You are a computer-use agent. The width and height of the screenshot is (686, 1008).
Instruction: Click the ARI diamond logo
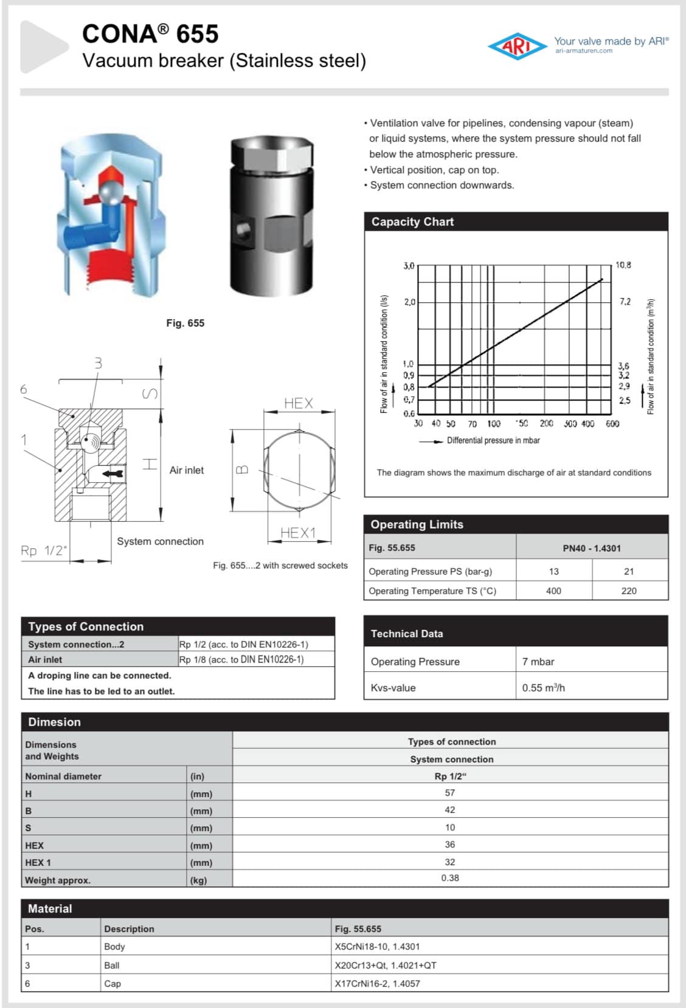point(517,46)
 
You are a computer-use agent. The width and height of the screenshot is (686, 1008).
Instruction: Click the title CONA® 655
point(150,34)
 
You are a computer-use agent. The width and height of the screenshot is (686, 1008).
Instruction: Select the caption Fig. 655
point(185,323)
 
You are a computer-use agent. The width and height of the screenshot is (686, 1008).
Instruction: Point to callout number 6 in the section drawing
point(24,389)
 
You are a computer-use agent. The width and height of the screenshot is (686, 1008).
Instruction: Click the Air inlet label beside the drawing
point(186,470)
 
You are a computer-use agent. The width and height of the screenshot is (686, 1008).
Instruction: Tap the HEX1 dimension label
point(298,533)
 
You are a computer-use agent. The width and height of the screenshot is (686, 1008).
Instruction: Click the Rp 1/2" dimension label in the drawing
point(43,551)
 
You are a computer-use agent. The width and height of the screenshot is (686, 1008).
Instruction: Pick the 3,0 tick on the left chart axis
point(409,266)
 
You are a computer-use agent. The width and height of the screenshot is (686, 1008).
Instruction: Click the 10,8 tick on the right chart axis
point(623,265)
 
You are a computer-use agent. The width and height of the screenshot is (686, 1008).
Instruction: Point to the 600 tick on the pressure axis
point(612,424)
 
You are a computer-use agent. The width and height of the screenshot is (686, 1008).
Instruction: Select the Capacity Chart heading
point(412,222)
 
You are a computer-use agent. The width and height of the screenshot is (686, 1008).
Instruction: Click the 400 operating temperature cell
point(553,591)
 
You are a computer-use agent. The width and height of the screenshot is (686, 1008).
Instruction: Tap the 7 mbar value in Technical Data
point(538,661)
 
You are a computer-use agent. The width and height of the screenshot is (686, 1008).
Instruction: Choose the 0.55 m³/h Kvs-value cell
point(543,688)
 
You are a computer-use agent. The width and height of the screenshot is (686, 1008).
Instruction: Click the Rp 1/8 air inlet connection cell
point(241,660)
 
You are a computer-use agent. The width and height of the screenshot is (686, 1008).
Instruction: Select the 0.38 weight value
point(450,878)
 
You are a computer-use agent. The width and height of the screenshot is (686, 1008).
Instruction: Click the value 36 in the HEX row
point(450,844)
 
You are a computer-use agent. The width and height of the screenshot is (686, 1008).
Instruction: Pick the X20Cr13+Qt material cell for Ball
point(386,965)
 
